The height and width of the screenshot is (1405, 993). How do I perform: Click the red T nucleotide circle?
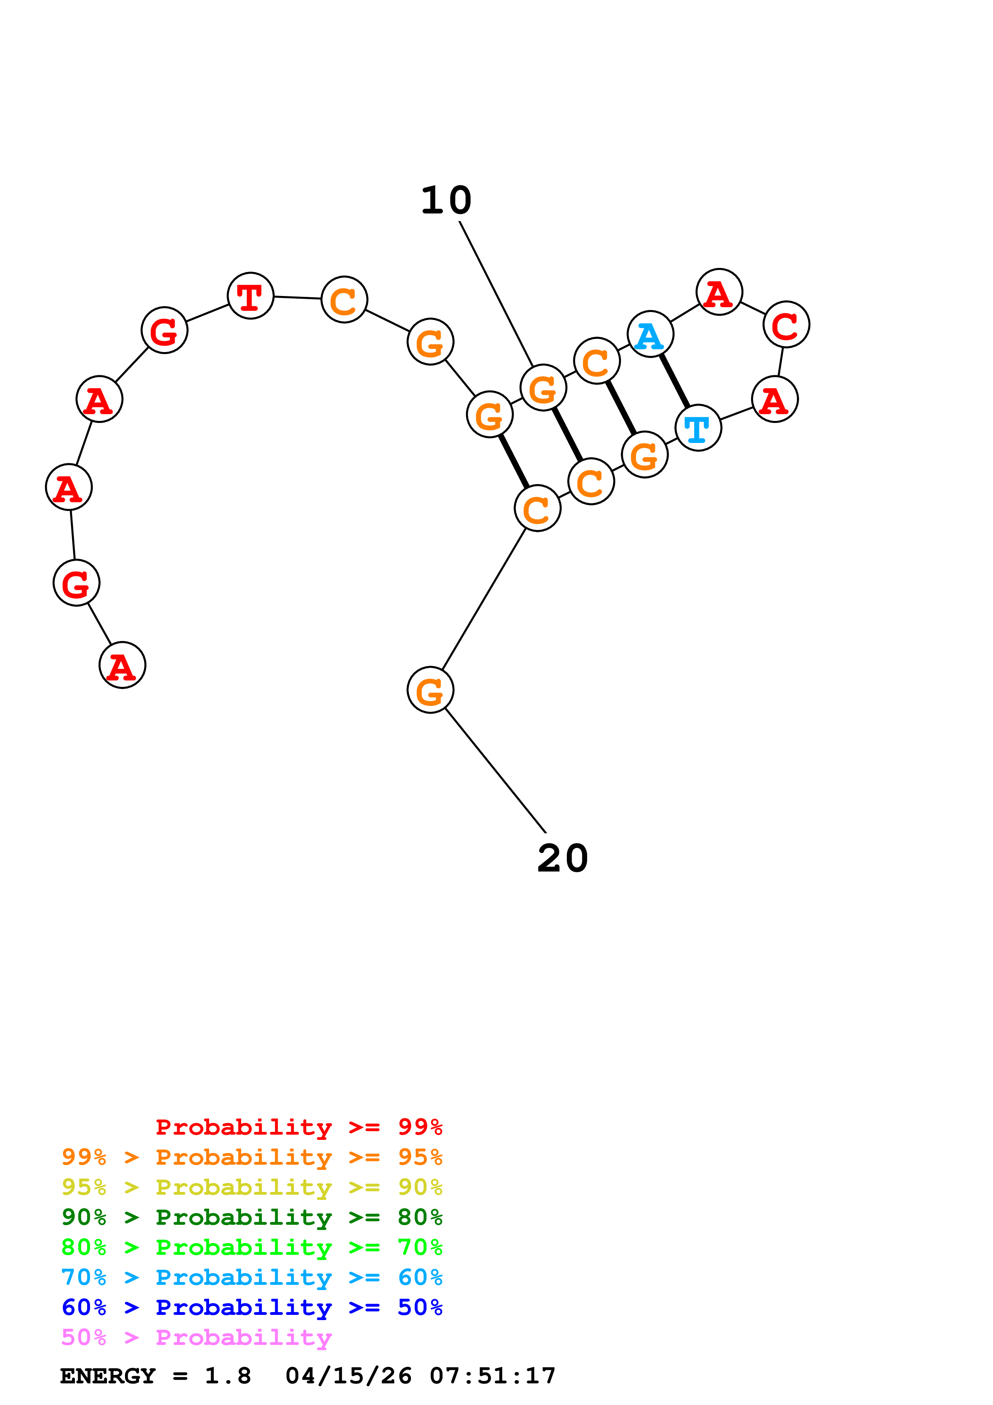(250, 296)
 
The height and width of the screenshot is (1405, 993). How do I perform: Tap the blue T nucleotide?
(698, 428)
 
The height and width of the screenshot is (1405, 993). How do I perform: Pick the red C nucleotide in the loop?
(786, 324)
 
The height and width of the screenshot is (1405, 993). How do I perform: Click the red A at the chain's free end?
(122, 665)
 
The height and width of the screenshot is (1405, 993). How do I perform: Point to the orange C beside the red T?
(344, 299)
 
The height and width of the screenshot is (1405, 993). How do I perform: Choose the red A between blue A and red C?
(719, 292)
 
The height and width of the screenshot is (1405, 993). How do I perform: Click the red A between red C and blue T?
(775, 399)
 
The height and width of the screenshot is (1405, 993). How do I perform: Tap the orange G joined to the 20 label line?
(430, 690)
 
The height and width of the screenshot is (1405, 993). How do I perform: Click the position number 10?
(446, 201)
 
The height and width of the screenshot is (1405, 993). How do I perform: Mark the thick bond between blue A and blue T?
(674, 380)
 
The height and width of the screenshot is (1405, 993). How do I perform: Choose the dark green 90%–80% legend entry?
(252, 1217)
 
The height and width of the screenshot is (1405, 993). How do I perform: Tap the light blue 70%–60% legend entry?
(252, 1277)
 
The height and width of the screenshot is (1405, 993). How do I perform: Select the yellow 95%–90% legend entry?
(252, 1187)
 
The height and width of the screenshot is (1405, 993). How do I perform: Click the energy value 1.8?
(228, 1376)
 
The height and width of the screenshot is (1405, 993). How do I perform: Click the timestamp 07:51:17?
(493, 1376)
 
